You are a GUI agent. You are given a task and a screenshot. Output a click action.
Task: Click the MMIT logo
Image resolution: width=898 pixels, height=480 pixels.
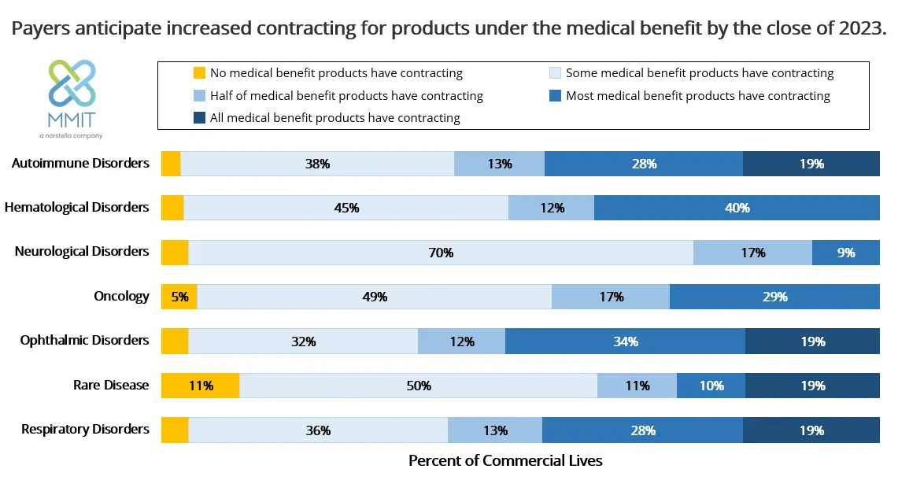tap(72, 94)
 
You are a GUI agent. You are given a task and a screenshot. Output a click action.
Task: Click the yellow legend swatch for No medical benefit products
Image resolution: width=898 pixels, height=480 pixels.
tap(199, 73)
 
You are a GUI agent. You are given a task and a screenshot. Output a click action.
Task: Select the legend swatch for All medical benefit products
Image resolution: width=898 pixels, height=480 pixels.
tap(199, 118)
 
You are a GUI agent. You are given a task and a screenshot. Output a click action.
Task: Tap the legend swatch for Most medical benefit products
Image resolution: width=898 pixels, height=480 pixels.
tap(555, 96)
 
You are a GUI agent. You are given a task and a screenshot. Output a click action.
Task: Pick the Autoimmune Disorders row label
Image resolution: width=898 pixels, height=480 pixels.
tap(80, 164)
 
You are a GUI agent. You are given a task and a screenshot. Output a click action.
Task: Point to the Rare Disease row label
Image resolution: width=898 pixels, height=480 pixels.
tap(110, 386)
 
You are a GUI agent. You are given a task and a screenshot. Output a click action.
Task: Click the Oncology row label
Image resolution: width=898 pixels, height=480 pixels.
tap(121, 297)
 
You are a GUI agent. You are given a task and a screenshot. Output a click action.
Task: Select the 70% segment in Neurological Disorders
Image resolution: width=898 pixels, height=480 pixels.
tap(441, 253)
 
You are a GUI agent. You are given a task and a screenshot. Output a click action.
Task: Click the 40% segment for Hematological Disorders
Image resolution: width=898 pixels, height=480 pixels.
tap(737, 209)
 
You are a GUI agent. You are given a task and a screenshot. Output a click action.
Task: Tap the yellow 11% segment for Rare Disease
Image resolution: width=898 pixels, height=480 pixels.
tap(201, 386)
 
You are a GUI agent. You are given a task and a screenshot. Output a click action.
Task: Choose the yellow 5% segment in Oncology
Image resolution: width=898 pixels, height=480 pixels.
tap(179, 297)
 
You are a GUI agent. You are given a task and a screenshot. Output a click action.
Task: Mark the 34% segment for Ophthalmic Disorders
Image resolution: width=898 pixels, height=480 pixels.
tap(625, 342)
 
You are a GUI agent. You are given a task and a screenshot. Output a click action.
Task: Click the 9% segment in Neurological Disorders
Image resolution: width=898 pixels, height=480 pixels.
tap(846, 253)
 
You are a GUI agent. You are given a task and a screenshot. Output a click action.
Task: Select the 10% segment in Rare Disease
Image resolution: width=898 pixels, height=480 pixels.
tap(711, 386)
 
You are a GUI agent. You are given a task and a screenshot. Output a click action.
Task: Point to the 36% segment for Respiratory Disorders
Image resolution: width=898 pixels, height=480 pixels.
tap(318, 430)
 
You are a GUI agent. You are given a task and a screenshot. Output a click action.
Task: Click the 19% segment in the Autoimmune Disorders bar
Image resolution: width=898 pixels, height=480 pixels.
tap(811, 164)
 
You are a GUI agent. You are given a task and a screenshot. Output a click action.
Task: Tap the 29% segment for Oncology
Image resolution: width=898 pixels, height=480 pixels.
tap(774, 297)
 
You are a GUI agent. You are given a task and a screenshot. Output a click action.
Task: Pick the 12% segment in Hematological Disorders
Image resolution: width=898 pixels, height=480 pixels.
tap(552, 209)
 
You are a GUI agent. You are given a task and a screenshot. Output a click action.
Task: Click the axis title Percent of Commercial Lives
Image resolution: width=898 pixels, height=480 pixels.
tap(505, 460)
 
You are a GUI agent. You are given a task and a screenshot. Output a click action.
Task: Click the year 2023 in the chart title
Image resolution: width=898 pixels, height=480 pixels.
tap(863, 29)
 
